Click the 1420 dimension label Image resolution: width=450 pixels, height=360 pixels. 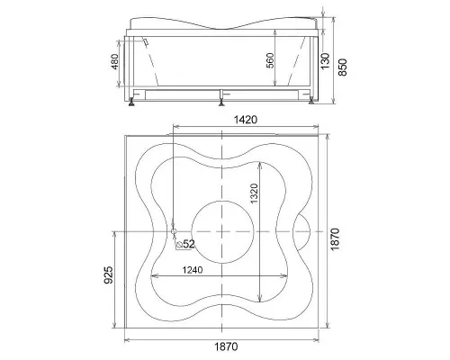pyautogui.click(x=245, y=120)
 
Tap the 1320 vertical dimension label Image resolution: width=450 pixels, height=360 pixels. pyautogui.click(x=254, y=193)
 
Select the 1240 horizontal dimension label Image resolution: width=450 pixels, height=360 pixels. pyautogui.click(x=193, y=270)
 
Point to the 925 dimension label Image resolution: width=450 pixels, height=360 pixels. pyautogui.click(x=110, y=274)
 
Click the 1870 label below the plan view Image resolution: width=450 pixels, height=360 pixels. pyautogui.click(x=226, y=346)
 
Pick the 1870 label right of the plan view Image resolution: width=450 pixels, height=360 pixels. pyautogui.click(x=335, y=239)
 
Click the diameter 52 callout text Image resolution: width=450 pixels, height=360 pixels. pyautogui.click(x=185, y=244)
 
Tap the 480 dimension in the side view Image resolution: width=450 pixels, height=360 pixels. pyautogui.click(x=115, y=61)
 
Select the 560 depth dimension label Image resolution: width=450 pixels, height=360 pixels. pyautogui.click(x=270, y=60)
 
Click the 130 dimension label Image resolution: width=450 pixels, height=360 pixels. pyautogui.click(x=325, y=60)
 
